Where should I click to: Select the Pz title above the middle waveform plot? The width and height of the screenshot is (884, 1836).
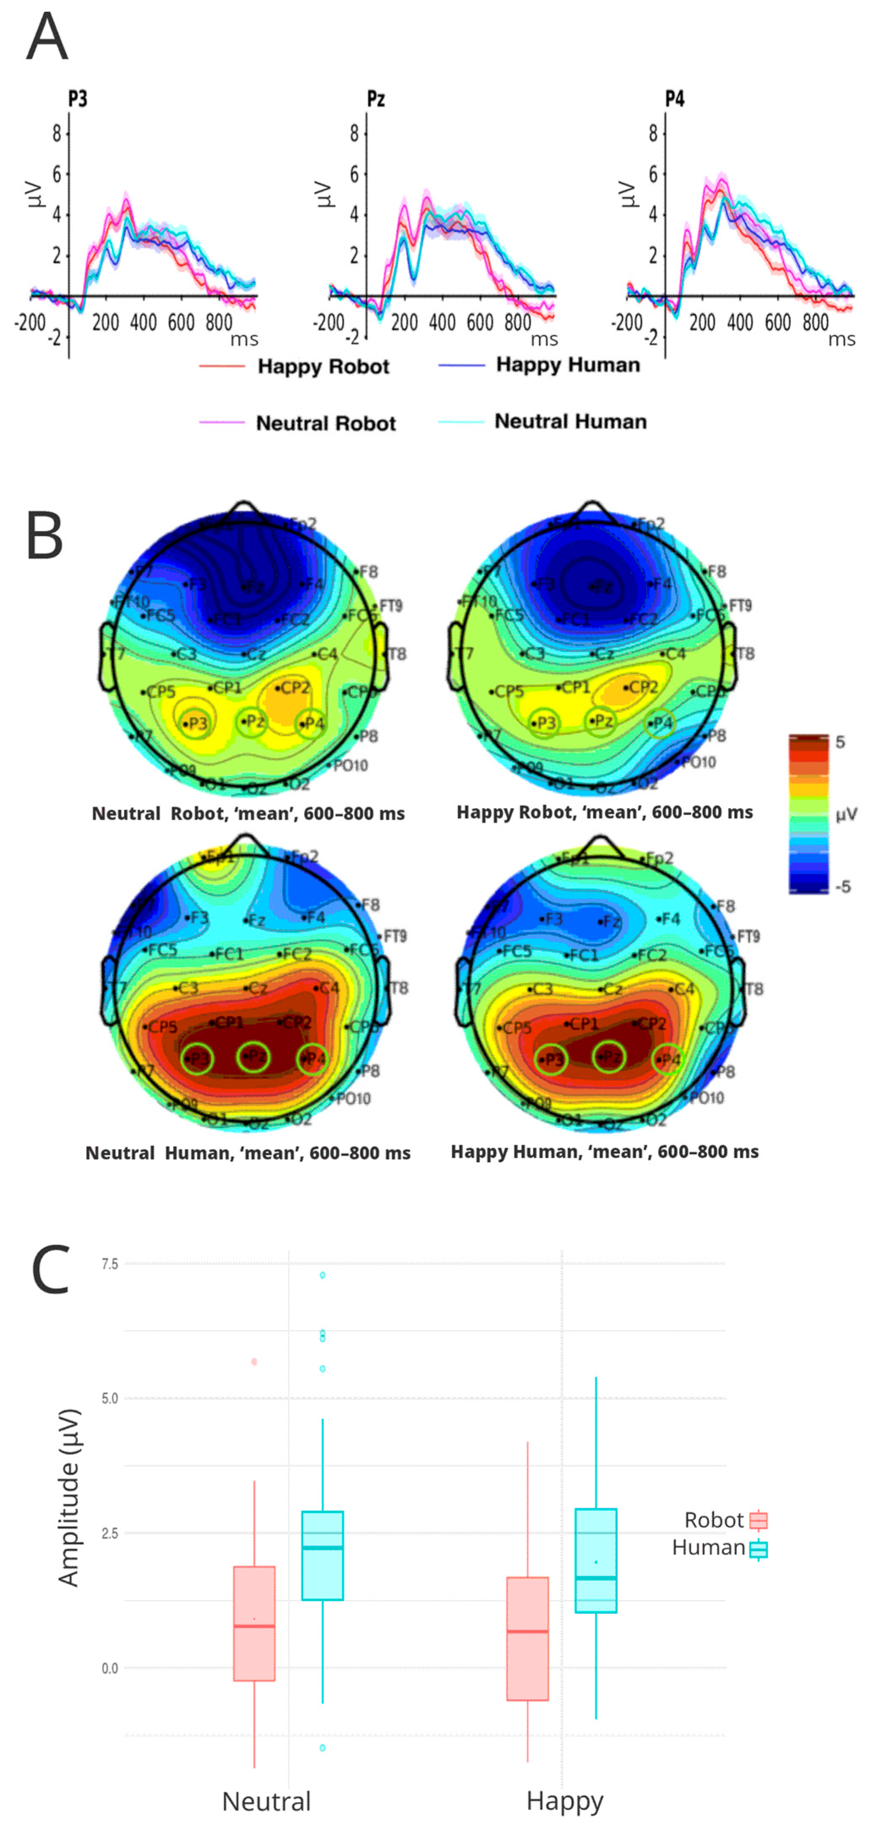click(375, 98)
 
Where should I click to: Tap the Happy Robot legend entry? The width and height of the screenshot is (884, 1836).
click(323, 366)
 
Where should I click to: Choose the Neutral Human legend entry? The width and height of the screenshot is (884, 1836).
click(570, 421)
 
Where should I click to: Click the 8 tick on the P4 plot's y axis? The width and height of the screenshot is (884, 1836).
click(653, 133)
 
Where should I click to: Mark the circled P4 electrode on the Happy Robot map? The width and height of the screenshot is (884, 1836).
click(659, 723)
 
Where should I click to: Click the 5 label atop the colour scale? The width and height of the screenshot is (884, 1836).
click(841, 742)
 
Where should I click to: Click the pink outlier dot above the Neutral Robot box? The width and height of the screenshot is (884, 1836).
click(254, 1362)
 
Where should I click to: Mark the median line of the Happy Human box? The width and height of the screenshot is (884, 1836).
click(596, 1578)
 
